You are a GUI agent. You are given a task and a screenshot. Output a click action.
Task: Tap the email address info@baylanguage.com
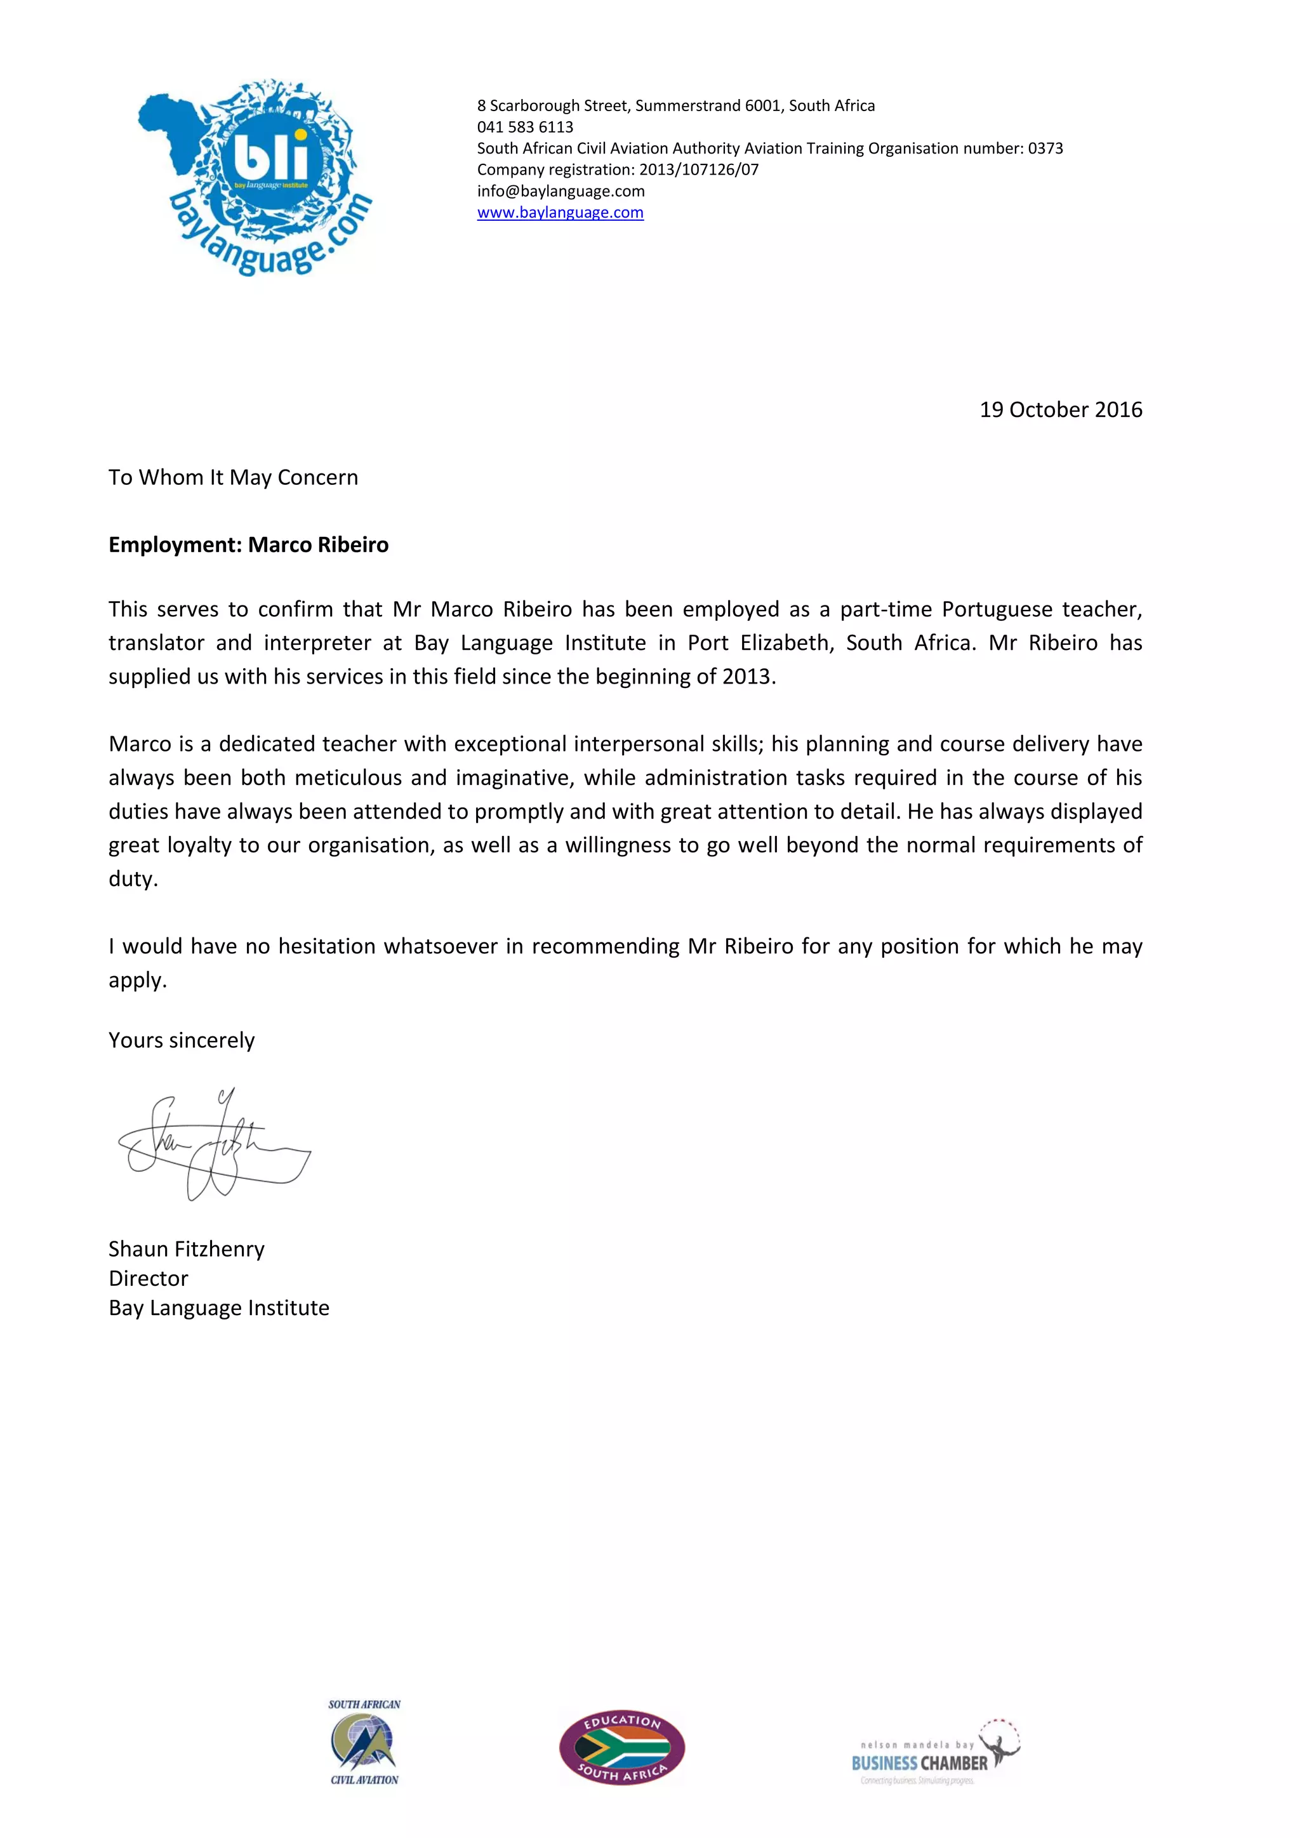[x=560, y=191]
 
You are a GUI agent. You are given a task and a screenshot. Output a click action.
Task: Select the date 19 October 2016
[x=1060, y=410]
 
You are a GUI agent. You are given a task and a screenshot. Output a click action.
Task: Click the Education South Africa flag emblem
[x=622, y=1747]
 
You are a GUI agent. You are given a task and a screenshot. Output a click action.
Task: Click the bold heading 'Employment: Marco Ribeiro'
[x=248, y=545]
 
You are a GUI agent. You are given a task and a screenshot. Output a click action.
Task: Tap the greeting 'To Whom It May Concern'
[x=233, y=478]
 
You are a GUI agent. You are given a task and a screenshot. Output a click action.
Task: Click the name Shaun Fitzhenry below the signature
[x=187, y=1250]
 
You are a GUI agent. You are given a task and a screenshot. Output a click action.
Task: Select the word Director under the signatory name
[x=148, y=1278]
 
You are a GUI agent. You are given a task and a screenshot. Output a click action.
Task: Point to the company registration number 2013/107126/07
[x=698, y=169]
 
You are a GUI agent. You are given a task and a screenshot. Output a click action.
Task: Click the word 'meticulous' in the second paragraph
[x=347, y=778]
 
